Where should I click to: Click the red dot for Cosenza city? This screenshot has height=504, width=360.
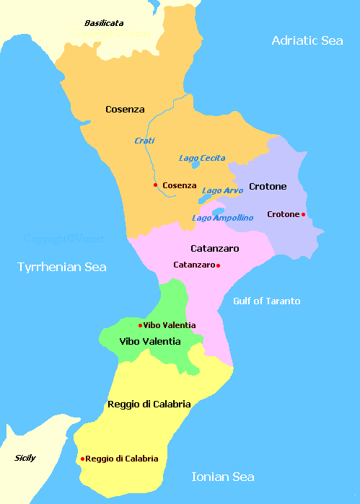(155, 185)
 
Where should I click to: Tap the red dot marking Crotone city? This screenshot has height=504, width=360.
(303, 214)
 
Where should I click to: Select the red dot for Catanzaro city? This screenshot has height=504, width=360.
(218, 265)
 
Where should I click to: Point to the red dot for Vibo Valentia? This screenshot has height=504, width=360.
(140, 325)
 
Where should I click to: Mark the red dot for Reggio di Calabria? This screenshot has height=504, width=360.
(83, 459)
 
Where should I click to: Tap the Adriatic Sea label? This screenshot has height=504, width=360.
(307, 40)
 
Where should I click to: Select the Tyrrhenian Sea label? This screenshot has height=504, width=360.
(62, 268)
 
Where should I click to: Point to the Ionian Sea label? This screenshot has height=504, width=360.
(222, 477)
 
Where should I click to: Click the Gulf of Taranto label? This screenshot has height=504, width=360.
(266, 301)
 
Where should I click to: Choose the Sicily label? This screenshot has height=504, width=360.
(25, 458)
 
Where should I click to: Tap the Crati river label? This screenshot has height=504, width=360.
(144, 141)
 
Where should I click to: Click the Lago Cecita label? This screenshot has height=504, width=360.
(202, 158)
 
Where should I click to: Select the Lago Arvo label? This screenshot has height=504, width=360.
(222, 190)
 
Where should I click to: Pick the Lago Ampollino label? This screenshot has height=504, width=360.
(222, 217)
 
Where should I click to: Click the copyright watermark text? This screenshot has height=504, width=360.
(63, 238)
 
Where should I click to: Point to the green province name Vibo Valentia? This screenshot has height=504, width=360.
(149, 341)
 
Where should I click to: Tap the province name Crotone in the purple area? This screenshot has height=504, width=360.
(268, 187)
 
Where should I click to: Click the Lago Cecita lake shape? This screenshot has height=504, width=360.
(196, 165)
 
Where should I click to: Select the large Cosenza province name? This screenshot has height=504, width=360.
(125, 110)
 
